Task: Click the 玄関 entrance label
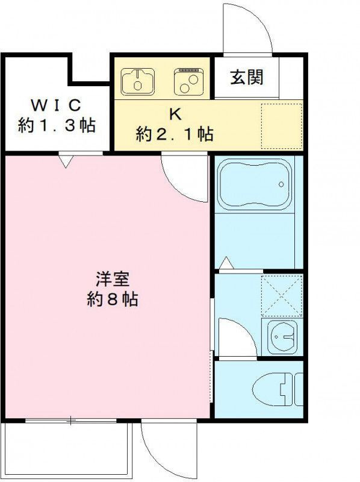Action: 247,77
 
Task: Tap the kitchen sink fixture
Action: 138,82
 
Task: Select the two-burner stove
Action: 189,82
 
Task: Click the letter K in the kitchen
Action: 175,114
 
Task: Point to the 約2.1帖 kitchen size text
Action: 175,134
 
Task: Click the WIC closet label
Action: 56,105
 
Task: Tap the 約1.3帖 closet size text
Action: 57,125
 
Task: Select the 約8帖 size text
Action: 113,298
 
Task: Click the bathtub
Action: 255,184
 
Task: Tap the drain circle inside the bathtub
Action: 281,184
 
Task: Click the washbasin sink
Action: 282,337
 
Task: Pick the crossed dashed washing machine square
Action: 282,296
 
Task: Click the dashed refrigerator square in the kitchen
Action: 282,127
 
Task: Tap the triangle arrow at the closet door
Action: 66,161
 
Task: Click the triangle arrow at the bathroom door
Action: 227,263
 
